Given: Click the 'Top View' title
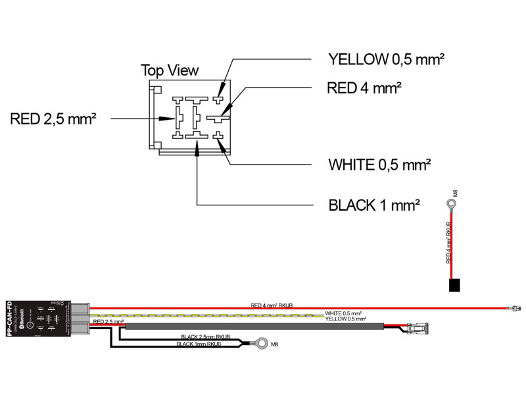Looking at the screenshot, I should tap(170, 70).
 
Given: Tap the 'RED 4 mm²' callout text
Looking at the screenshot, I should tap(364, 88).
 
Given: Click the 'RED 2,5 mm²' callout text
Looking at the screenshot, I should tap(54, 119).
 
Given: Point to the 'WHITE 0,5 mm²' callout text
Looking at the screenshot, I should tap(380, 164).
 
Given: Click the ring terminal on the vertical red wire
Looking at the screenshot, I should tap(450, 205).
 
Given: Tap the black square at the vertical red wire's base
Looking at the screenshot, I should tap(454, 285).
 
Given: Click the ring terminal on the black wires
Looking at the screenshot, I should tap(262, 343).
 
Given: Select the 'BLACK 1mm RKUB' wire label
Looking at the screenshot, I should tap(198, 344).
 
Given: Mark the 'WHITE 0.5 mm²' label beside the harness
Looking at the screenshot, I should tap(343, 313).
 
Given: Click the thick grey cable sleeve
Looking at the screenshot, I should tap(250, 326).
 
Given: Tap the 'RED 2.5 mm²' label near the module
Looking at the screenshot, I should tap(108, 321).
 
